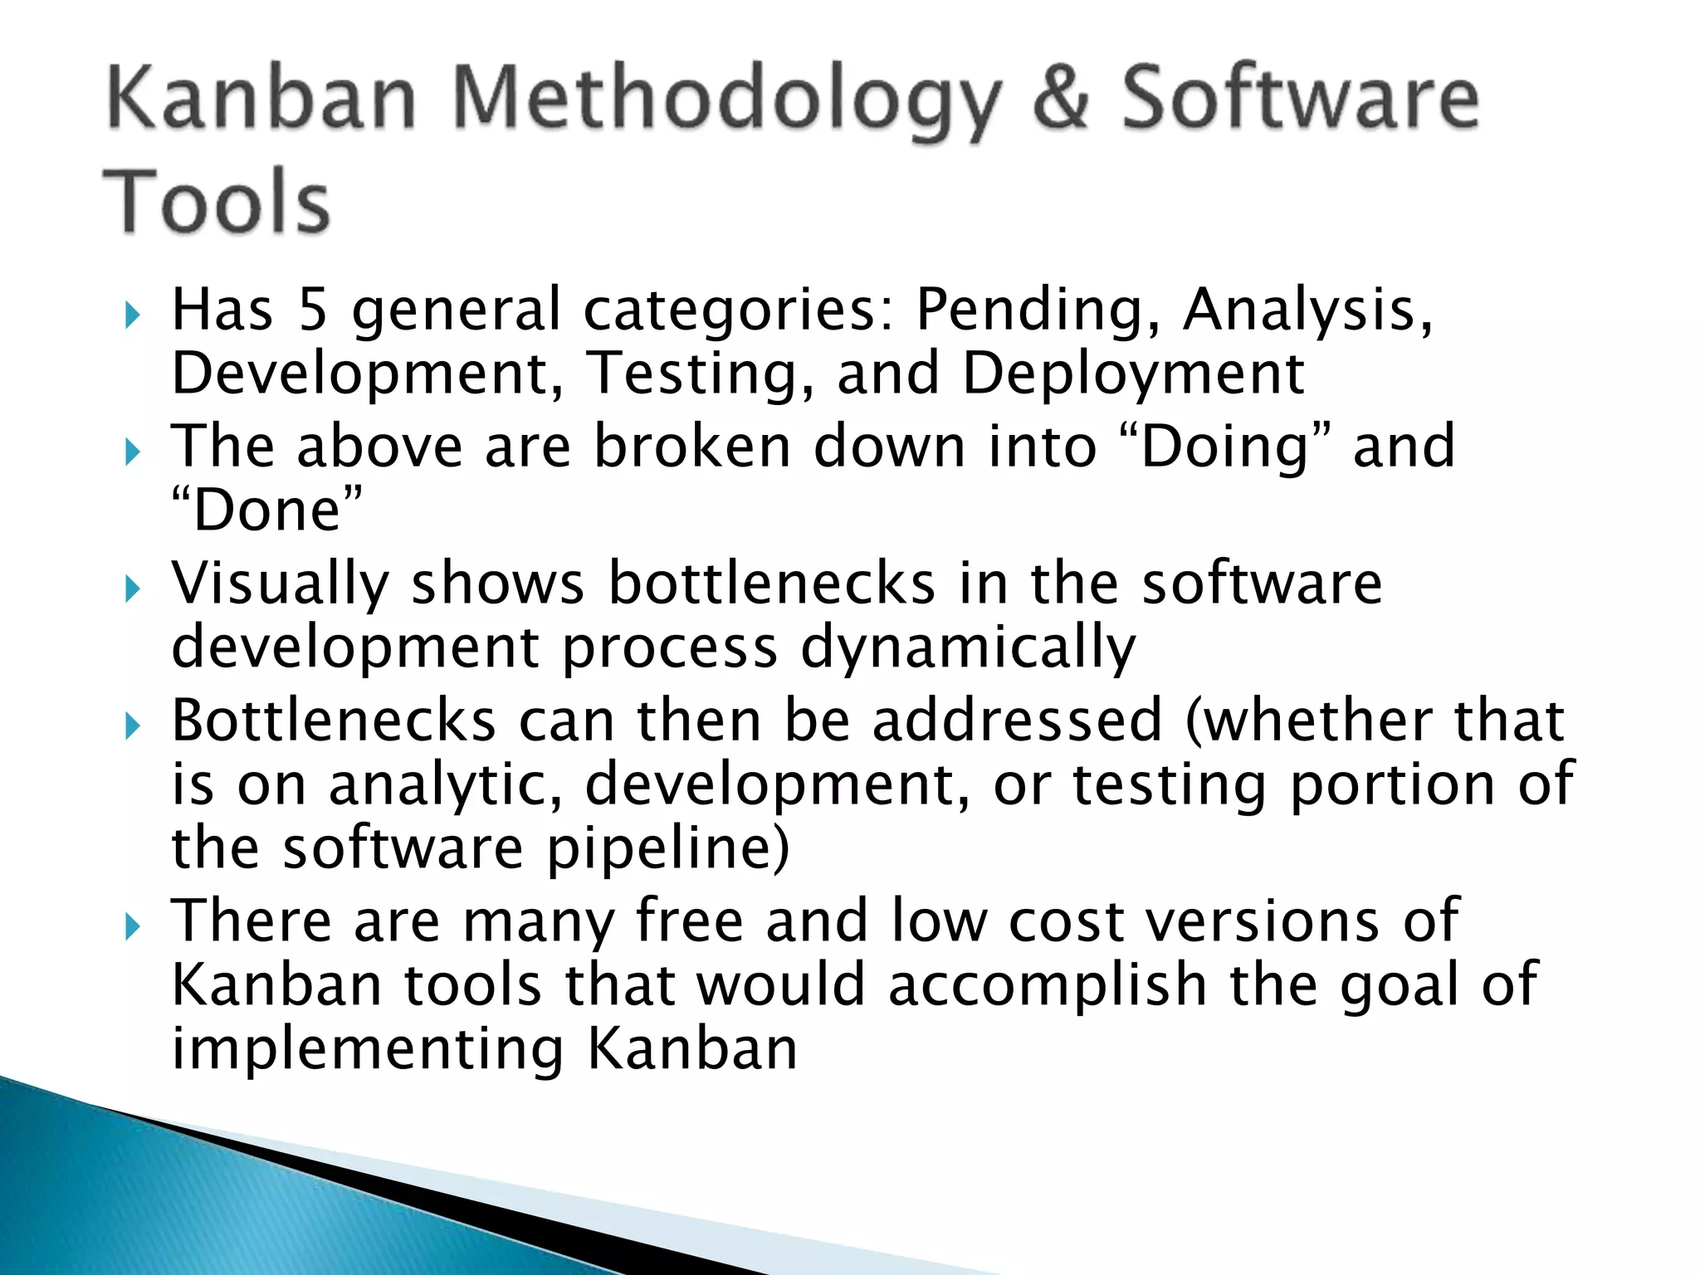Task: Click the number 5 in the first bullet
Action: tap(312, 310)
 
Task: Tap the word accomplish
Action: tap(1048, 986)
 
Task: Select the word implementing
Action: tap(368, 1049)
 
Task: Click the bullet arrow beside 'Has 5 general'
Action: tap(132, 315)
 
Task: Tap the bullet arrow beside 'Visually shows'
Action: tap(132, 589)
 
